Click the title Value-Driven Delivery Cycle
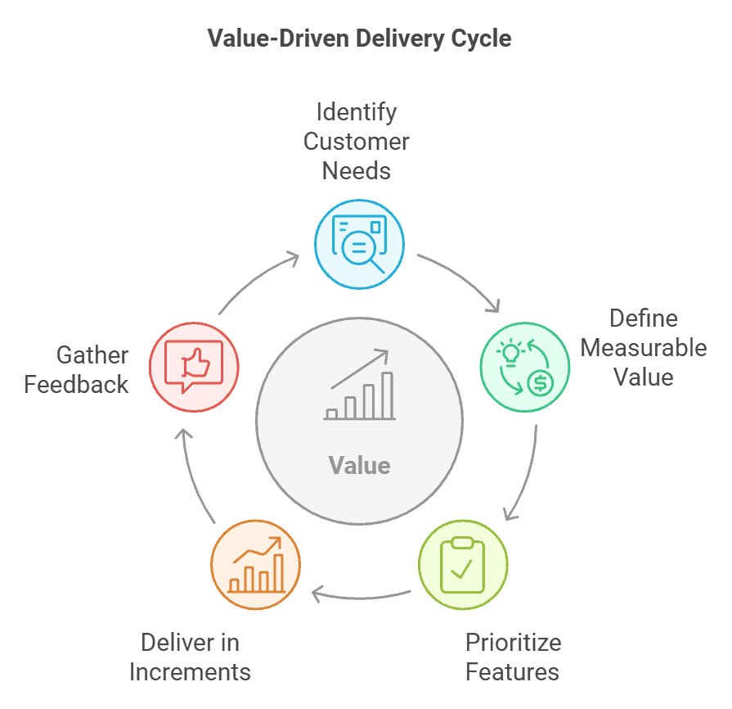[359, 38]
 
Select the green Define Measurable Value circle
[524, 366]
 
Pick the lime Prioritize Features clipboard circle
[463, 564]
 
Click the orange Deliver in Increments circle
[256, 564]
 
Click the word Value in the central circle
[359, 466]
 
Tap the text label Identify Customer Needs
[357, 141]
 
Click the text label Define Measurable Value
[644, 347]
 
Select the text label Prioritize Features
[513, 657]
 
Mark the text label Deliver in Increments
[190, 657]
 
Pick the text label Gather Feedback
[76, 369]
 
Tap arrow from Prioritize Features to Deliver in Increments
[360, 595]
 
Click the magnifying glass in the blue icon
[364, 249]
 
